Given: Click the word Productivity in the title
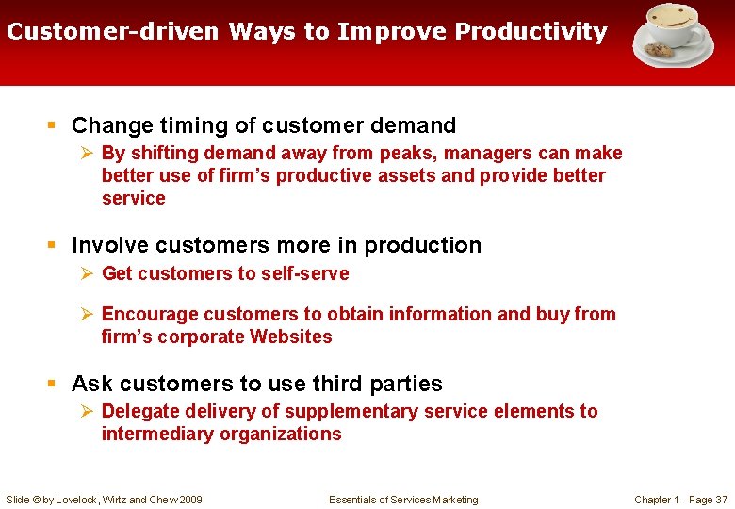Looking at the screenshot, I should click(x=531, y=32).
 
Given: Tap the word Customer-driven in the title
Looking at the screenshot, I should click(x=113, y=32).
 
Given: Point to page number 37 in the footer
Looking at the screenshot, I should click(x=721, y=500).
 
